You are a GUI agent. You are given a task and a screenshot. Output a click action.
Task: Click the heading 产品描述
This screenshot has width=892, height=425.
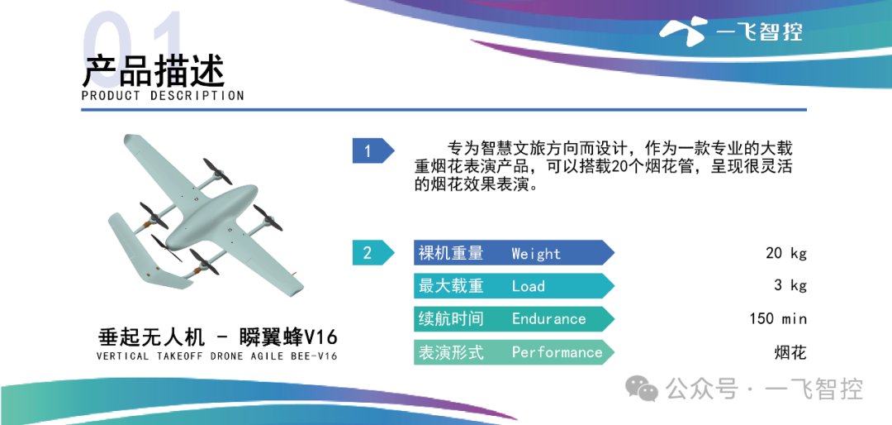click(x=153, y=70)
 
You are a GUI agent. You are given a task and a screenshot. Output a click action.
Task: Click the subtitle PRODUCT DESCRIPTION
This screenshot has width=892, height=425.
click(x=163, y=96)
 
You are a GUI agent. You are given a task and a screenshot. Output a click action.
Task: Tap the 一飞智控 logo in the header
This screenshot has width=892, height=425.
click(x=731, y=31)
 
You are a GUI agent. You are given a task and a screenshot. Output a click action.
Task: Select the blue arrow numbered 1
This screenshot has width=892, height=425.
click(x=373, y=151)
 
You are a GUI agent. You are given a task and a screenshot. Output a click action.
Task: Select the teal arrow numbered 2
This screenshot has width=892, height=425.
click(x=373, y=252)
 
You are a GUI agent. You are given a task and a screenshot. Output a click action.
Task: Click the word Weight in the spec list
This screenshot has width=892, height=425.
click(x=536, y=254)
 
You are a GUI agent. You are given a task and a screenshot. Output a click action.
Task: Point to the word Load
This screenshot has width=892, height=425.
click(x=528, y=286)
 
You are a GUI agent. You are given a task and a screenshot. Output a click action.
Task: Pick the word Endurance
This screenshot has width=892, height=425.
click(x=548, y=318)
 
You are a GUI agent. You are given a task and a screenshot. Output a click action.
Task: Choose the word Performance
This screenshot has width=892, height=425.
click(x=557, y=352)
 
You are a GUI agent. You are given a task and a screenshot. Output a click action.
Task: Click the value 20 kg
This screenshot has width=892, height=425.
click(x=786, y=254)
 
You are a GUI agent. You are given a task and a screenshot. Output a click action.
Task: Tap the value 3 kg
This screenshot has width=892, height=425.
click(x=790, y=285)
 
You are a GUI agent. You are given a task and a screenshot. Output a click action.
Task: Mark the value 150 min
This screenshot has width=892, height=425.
click(x=778, y=318)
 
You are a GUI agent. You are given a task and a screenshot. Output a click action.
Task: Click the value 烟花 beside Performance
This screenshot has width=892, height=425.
click(x=790, y=352)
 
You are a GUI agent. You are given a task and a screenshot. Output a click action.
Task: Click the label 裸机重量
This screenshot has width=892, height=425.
click(x=451, y=253)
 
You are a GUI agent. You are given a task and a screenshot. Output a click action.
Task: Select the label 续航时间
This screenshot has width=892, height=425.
click(x=451, y=318)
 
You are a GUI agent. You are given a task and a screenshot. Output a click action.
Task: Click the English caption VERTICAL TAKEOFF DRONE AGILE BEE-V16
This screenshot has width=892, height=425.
click(x=216, y=357)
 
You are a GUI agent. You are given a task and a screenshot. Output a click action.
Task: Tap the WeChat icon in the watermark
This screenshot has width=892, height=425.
click(x=642, y=389)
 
